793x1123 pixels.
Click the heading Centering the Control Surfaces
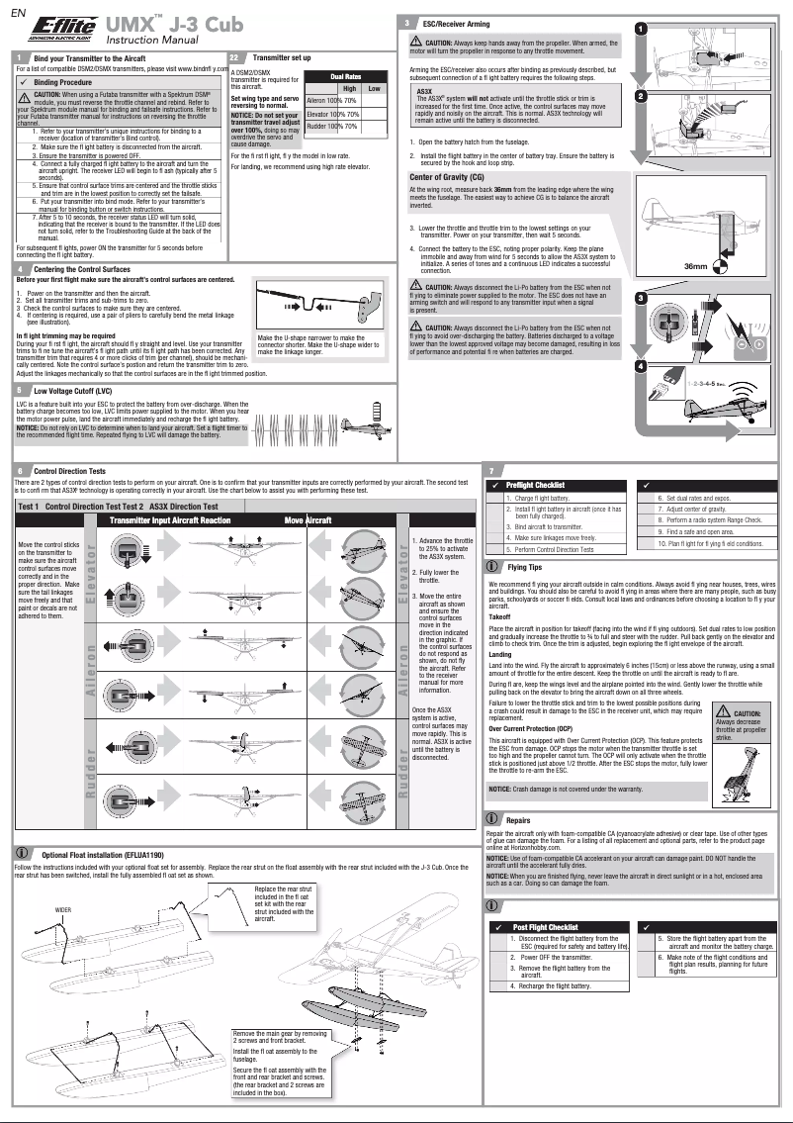point(81,269)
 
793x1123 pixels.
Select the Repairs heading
point(518,820)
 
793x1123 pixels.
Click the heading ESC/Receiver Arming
point(458,21)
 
